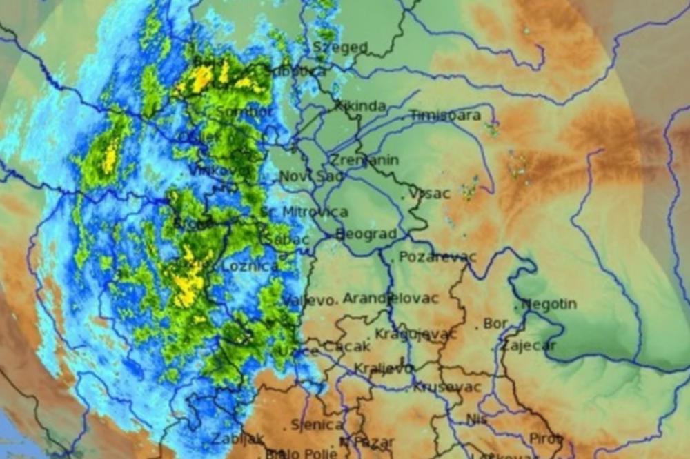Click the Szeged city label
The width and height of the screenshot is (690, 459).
tap(340, 47)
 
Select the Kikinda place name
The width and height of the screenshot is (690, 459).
tap(359, 107)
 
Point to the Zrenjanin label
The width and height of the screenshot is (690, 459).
tap(363, 160)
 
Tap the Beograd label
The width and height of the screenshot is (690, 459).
tap(366, 234)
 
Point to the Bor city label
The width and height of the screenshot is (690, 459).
tap(495, 323)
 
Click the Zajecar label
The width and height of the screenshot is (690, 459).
tap(528, 345)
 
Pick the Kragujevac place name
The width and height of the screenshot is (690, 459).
tap(415, 334)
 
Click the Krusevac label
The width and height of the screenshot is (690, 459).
tap(446, 387)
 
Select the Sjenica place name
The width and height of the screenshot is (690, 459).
tap(317, 425)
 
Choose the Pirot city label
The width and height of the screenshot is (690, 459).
tap(544, 438)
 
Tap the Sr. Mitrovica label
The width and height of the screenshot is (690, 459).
tap(305, 212)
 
